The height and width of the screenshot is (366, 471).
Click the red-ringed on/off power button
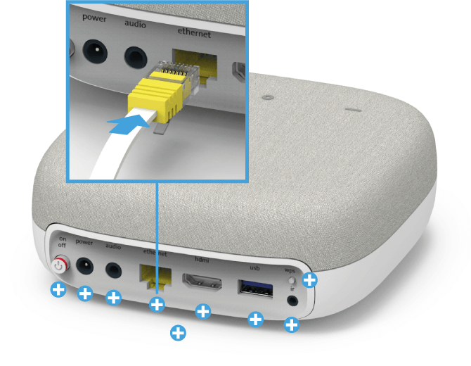[x=60, y=265]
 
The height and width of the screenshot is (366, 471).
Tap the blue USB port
[x=255, y=289]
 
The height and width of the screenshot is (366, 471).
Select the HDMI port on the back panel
[x=202, y=283]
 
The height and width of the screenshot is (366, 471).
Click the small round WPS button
[x=292, y=280]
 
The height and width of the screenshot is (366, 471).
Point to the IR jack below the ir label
[x=292, y=301]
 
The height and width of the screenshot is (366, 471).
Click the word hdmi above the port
[x=202, y=259]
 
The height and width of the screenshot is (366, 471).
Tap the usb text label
[x=254, y=267]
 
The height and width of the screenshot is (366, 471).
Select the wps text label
[x=290, y=270]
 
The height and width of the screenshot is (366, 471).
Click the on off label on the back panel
[x=62, y=242]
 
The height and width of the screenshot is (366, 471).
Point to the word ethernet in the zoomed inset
[x=194, y=33]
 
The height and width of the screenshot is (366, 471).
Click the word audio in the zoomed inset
[x=135, y=24]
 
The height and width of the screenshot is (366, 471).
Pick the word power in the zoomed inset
[x=94, y=18]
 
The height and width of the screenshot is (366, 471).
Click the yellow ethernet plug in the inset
[x=162, y=91]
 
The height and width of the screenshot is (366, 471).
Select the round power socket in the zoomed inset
[x=95, y=51]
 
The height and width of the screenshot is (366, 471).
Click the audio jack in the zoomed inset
[x=136, y=58]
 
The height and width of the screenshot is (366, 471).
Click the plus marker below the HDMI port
[x=203, y=311]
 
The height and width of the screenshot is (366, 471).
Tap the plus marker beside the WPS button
[x=309, y=280]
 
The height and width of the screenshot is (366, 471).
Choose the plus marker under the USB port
[x=256, y=319]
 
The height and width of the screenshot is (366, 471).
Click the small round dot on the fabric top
[x=268, y=97]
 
